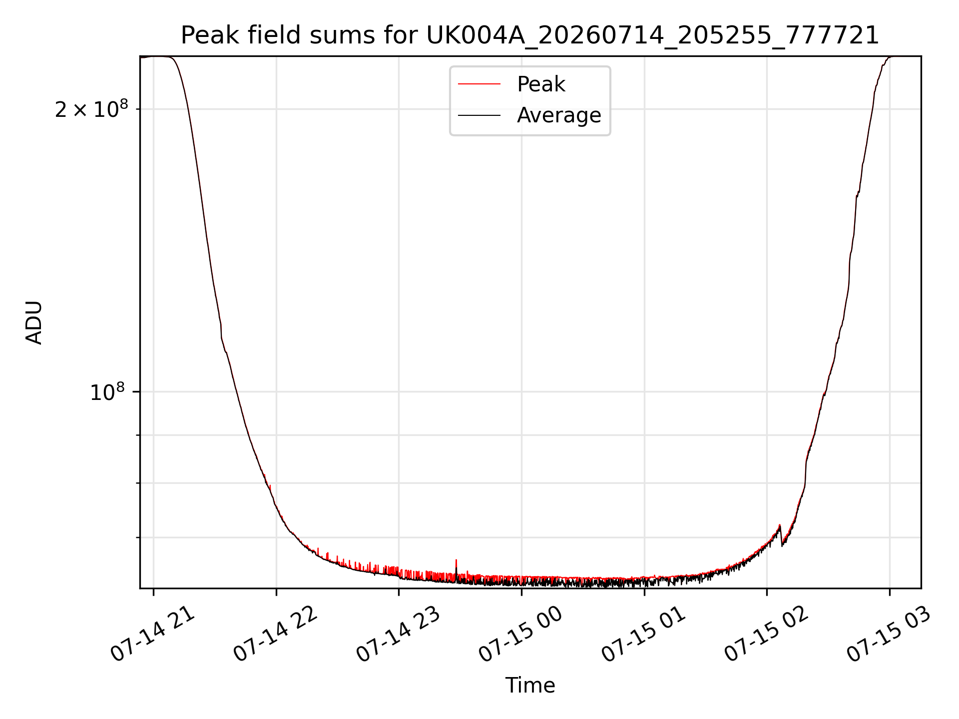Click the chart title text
(x=530, y=35)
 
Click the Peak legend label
(x=541, y=84)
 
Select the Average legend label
(x=559, y=115)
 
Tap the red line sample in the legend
(x=479, y=84)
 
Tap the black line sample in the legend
(x=479, y=115)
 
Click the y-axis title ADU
(x=34, y=323)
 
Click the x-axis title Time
(x=530, y=686)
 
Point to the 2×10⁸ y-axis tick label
(x=91, y=109)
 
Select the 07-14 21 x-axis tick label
(x=153, y=634)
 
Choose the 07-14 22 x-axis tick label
(x=276, y=634)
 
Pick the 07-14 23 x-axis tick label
(x=399, y=634)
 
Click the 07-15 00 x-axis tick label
(x=521, y=634)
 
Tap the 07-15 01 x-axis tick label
(x=644, y=634)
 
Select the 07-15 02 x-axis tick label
(x=767, y=634)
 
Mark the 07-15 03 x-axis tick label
(x=889, y=634)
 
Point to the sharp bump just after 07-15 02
(x=780, y=528)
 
